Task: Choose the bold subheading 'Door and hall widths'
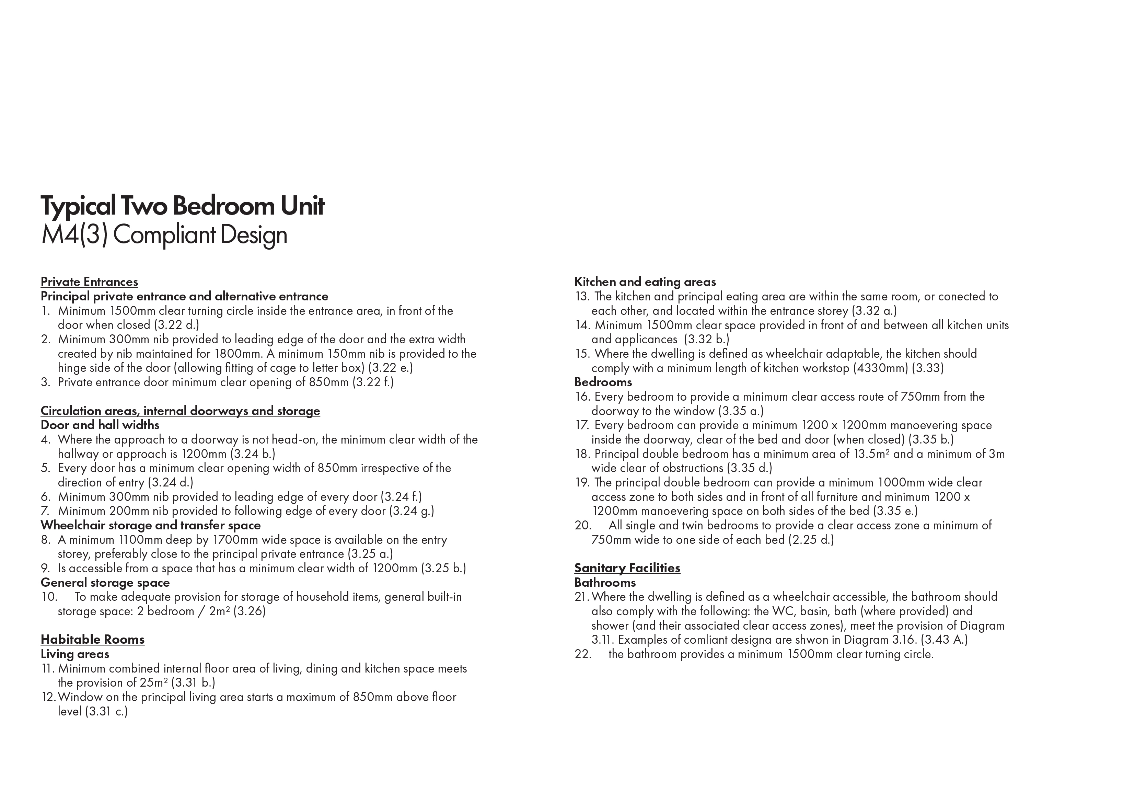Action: (x=100, y=425)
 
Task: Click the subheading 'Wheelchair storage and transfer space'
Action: (x=150, y=525)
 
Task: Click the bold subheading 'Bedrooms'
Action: (x=603, y=382)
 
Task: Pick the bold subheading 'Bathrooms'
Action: (x=605, y=583)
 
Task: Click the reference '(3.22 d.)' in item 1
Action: (x=176, y=325)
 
